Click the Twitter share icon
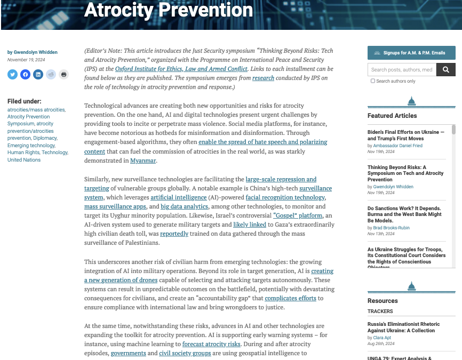(12, 74)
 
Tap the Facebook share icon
(25, 74)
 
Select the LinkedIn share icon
(38, 74)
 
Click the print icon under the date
(63, 74)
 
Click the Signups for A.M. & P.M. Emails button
(411, 53)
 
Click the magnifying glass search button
(446, 69)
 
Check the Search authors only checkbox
(373, 81)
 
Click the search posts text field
(402, 69)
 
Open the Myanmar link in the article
(143, 160)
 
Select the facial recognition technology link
(285, 197)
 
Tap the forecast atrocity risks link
(211, 344)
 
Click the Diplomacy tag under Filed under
(47, 138)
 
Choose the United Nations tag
(24, 159)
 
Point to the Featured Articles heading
(392, 115)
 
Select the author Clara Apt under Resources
(383, 338)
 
